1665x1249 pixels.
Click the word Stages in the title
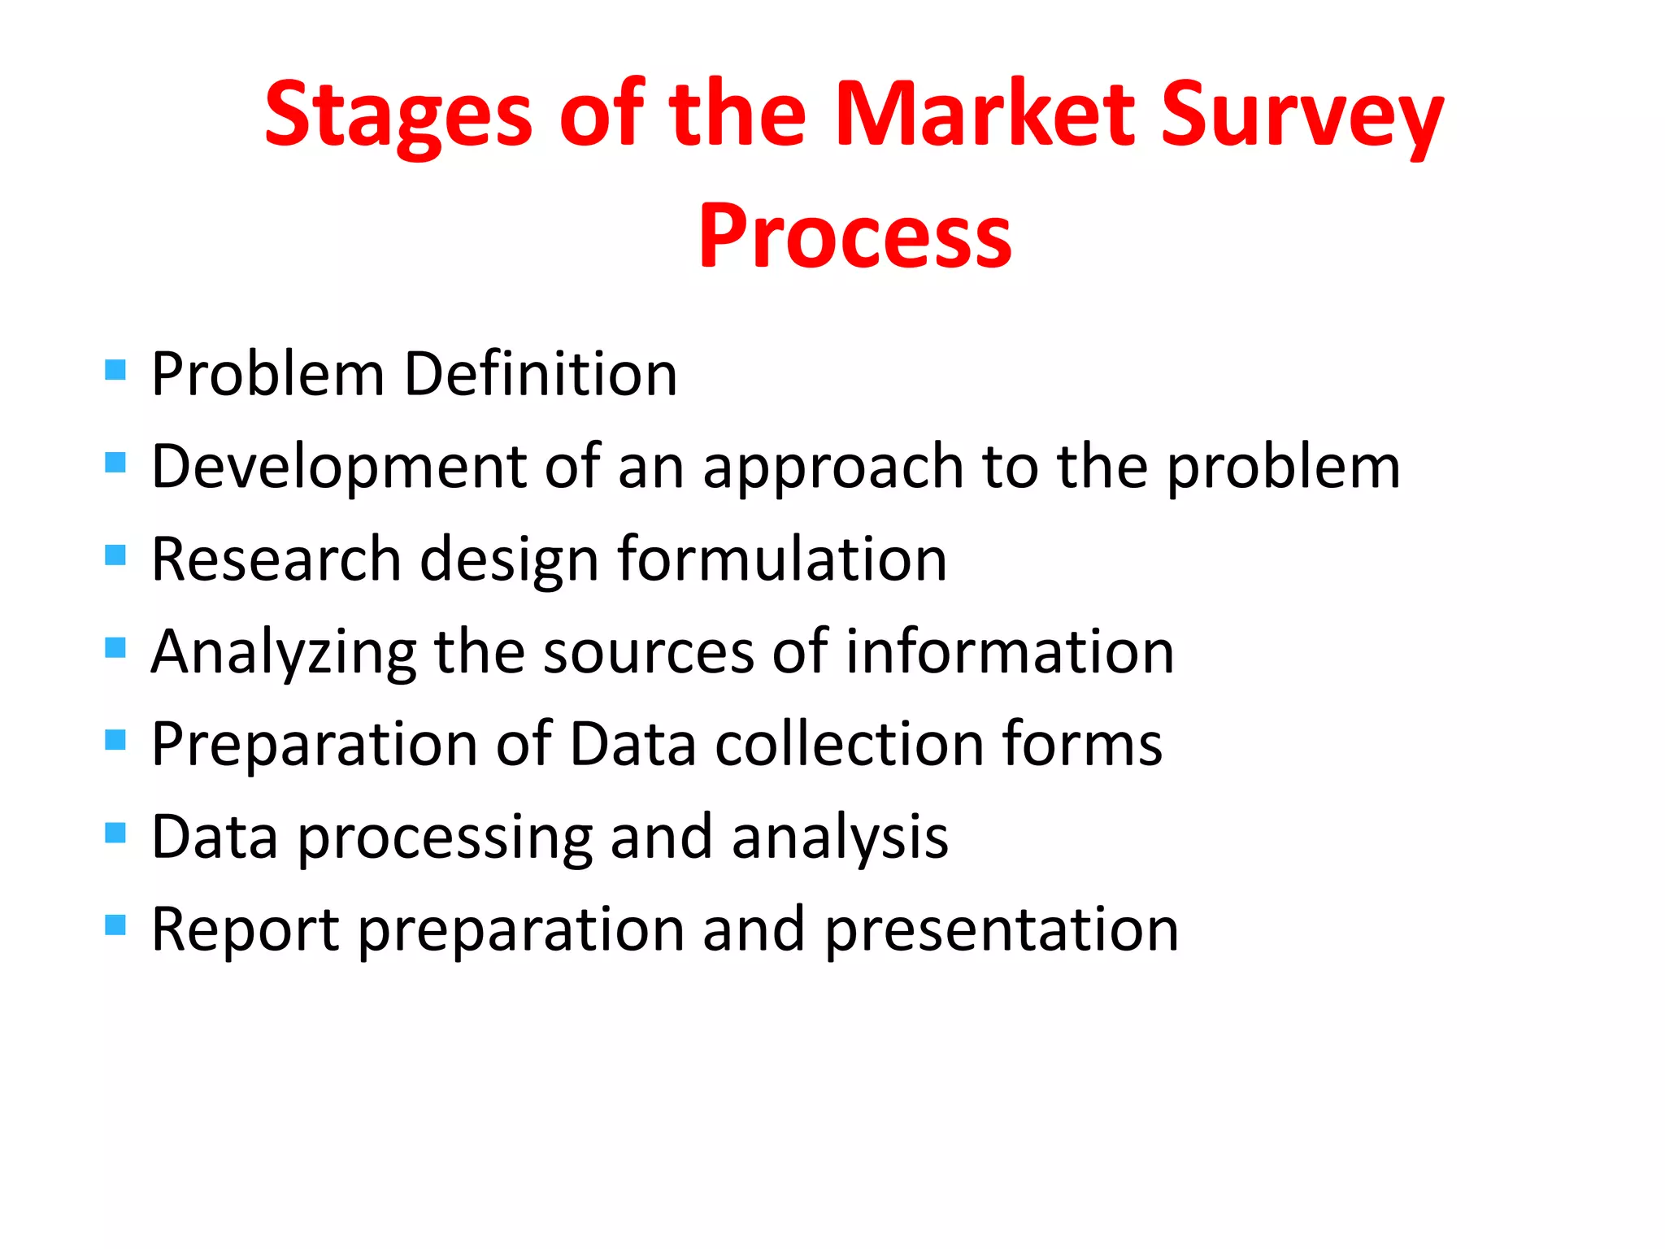point(398,115)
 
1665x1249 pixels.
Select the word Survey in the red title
point(1301,115)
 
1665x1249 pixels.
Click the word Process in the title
point(854,237)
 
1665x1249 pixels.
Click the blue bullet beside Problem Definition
point(115,371)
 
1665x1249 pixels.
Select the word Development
point(340,467)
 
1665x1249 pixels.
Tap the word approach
point(832,468)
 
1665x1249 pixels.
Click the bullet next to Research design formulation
point(115,555)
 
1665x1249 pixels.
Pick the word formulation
point(782,559)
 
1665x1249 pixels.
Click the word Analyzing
point(284,652)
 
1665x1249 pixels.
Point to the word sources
point(649,652)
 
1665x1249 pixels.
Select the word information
point(1010,652)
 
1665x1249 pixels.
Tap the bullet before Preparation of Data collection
point(115,740)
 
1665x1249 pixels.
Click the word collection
point(849,744)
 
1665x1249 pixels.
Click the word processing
point(446,838)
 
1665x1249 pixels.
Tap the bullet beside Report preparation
point(115,925)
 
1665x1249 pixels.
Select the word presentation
point(1002,930)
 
